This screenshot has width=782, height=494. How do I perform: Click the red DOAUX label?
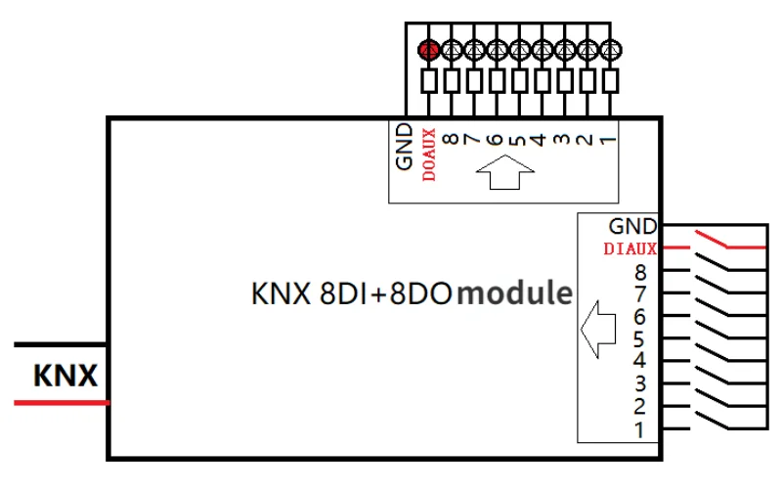(x=428, y=155)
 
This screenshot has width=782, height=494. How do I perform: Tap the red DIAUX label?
(x=630, y=248)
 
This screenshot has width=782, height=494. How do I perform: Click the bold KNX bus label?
(x=65, y=376)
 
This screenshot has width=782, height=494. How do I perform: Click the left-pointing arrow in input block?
(x=597, y=329)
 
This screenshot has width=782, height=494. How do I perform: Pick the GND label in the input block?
(x=632, y=227)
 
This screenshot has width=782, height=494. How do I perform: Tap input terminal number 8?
(x=640, y=272)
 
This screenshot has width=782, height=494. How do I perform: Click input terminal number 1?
(x=640, y=428)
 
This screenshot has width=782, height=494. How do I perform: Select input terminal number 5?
(x=640, y=339)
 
